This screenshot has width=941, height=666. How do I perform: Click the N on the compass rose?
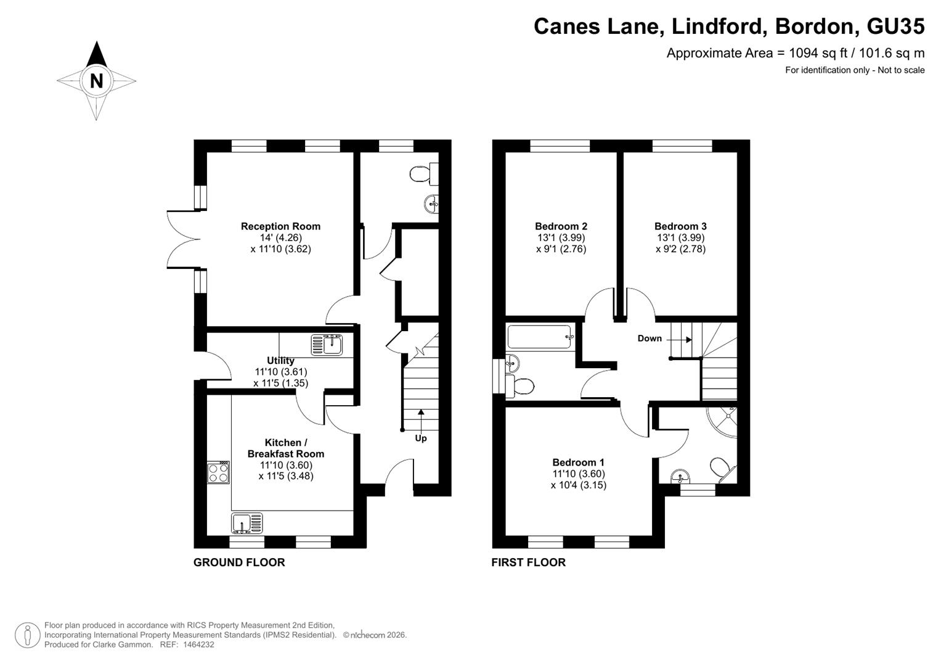click(x=97, y=81)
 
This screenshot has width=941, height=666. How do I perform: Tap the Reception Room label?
click(x=280, y=226)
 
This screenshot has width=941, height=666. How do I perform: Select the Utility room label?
click(x=280, y=360)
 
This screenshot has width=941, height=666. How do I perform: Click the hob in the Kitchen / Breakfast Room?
click(x=218, y=472)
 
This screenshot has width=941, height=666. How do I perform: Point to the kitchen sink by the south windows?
click(x=247, y=524)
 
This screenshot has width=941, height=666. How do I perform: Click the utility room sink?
click(x=327, y=345)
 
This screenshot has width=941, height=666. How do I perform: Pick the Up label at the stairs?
click(x=421, y=438)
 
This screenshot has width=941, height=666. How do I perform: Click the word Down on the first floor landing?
click(x=650, y=339)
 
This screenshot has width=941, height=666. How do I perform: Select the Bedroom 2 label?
click(x=561, y=226)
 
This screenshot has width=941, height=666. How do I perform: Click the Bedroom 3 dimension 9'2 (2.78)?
click(x=681, y=249)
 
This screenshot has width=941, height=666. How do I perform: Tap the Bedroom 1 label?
click(x=579, y=462)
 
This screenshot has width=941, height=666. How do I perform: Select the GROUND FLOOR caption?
click(x=239, y=562)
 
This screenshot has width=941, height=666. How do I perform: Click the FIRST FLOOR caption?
click(x=529, y=562)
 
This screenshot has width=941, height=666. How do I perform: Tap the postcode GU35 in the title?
click(x=895, y=26)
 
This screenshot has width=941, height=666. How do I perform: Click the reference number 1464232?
click(x=198, y=644)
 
